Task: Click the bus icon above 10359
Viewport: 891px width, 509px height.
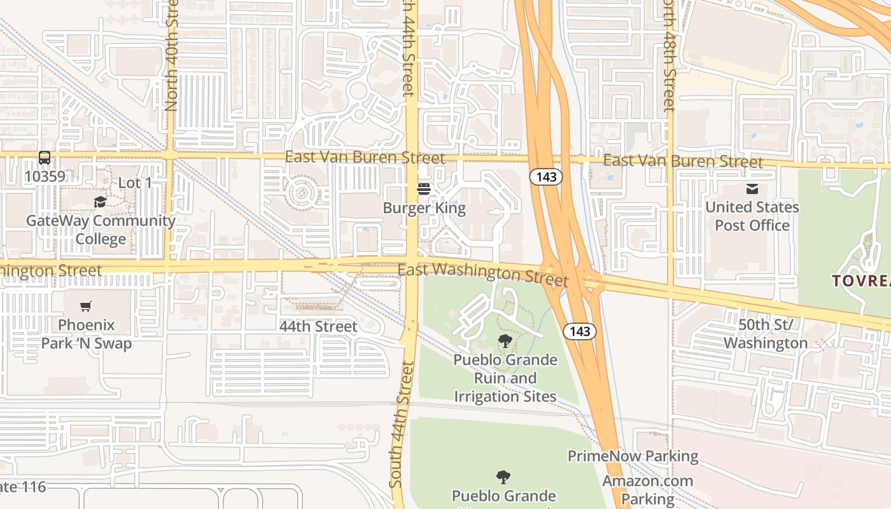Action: (x=44, y=157)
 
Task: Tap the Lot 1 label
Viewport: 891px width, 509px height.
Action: (x=135, y=183)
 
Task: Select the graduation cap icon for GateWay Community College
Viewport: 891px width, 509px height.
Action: (x=100, y=202)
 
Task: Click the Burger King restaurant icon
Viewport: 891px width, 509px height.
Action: (x=423, y=189)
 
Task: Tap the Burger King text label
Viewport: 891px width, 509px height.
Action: (x=424, y=208)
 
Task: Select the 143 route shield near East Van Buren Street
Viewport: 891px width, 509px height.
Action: (x=546, y=177)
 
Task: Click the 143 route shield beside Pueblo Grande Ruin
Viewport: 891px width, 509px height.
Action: (x=579, y=331)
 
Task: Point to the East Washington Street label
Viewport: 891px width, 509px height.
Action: (x=482, y=273)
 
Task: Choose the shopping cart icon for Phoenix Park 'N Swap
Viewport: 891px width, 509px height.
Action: (x=86, y=306)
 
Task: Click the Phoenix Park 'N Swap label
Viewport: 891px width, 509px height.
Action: (x=87, y=334)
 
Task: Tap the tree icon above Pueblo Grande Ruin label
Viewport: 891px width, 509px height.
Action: (x=505, y=341)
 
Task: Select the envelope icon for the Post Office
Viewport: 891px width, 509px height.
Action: (x=752, y=188)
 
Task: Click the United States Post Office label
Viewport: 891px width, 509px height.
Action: (x=752, y=216)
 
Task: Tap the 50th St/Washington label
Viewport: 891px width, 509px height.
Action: (x=765, y=334)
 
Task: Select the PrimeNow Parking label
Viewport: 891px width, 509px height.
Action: (x=633, y=456)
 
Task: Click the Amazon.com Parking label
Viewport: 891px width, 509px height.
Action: (x=648, y=489)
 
